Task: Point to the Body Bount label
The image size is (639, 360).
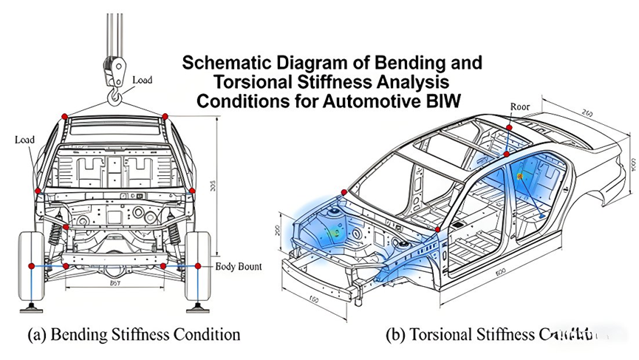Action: click(x=239, y=265)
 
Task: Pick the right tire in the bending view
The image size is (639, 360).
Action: click(x=198, y=265)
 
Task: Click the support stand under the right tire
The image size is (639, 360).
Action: click(x=198, y=305)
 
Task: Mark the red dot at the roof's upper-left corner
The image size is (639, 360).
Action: click(x=64, y=117)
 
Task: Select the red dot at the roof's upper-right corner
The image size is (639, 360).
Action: click(x=165, y=117)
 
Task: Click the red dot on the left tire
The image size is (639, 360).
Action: click(x=31, y=265)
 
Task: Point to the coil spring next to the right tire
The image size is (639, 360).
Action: click(x=174, y=234)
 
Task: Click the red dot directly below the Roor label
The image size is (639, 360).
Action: click(x=509, y=129)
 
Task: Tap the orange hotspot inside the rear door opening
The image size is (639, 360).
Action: click(x=520, y=177)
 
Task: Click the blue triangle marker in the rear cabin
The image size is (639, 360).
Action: click(x=544, y=216)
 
